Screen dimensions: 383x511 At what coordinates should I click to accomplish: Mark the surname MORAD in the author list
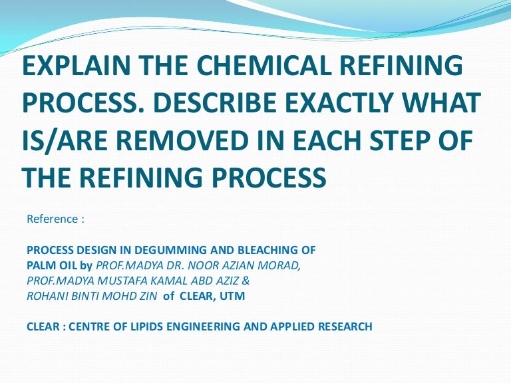(280, 265)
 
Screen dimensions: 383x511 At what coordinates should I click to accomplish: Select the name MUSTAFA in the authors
(116, 281)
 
